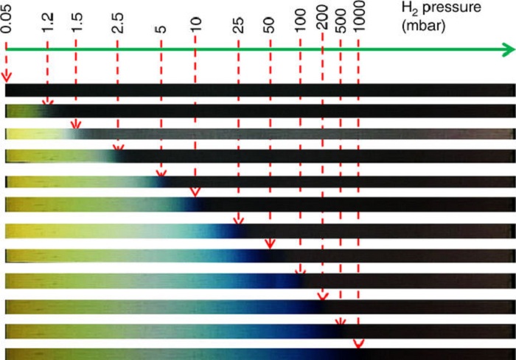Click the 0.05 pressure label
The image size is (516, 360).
click(7, 20)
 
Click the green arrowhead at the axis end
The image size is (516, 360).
click(507, 50)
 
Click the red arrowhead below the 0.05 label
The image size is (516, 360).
click(7, 77)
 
